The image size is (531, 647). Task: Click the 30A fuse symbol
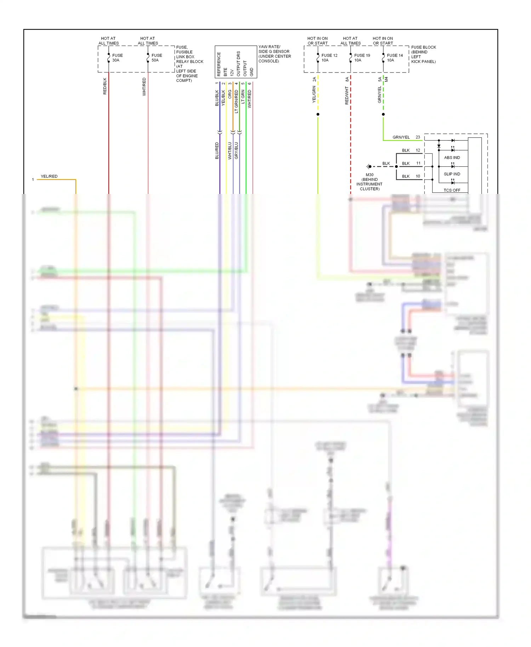(x=109, y=58)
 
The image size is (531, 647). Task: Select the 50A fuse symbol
(x=148, y=58)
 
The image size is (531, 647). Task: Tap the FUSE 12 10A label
(x=329, y=58)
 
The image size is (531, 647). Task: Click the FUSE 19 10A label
(x=362, y=58)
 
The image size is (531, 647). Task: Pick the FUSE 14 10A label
(x=394, y=58)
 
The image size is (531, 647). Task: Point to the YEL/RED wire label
(x=49, y=176)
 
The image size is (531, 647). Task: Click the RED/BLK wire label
(x=105, y=86)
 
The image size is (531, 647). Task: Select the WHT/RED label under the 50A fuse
(x=144, y=87)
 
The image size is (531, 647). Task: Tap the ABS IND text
(x=452, y=158)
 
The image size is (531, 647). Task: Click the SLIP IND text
(x=452, y=174)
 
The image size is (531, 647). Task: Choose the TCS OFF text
(x=452, y=190)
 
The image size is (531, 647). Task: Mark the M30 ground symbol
(x=369, y=166)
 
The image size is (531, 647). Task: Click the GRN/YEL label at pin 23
(x=401, y=137)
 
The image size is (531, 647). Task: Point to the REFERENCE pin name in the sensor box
(x=219, y=64)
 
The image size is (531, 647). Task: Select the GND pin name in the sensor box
(x=252, y=72)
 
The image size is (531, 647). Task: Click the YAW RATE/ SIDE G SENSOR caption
(x=274, y=54)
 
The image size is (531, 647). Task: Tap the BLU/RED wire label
(x=217, y=150)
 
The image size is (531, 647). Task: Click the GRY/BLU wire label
(x=236, y=150)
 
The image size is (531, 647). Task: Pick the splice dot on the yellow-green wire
(x=318, y=114)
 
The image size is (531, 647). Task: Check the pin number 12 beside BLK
(x=418, y=150)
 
